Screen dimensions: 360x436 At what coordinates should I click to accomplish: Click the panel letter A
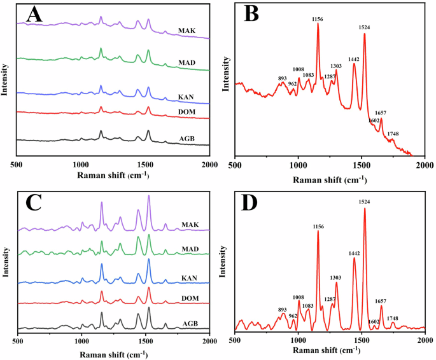click(x=34, y=15)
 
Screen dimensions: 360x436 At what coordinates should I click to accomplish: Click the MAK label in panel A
click(x=187, y=30)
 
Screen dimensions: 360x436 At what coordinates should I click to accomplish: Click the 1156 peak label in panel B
click(x=318, y=20)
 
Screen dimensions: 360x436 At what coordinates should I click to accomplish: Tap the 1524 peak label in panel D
click(x=365, y=203)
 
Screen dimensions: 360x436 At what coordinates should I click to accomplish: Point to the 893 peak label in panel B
click(x=282, y=78)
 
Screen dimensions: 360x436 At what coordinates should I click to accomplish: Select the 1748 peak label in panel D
click(x=393, y=318)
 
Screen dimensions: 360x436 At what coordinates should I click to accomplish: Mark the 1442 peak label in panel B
click(x=354, y=59)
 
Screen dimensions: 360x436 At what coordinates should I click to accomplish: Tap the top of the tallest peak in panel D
click(x=365, y=209)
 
